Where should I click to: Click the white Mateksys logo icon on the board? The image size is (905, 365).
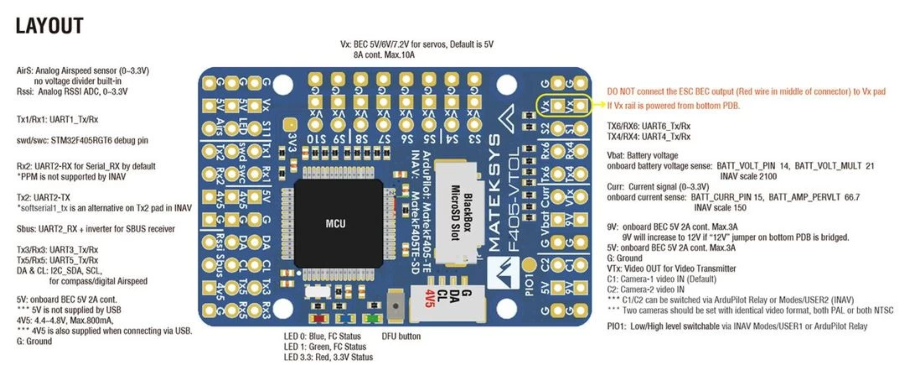[x=502, y=274]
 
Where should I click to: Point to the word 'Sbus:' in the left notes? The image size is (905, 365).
[x=27, y=228]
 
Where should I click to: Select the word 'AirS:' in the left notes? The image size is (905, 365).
[x=27, y=70]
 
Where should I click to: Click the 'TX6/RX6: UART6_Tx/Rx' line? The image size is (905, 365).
[x=649, y=125]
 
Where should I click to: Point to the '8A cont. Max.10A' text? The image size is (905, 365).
[x=385, y=55]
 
